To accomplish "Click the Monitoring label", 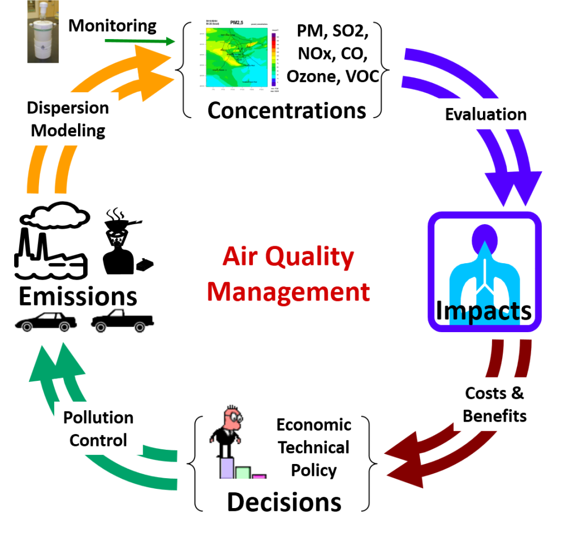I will click(113, 25).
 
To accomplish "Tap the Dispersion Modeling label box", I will click(68, 119).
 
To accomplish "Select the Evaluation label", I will click(486, 114).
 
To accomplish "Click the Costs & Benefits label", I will click(494, 404).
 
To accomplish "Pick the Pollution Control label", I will click(98, 428).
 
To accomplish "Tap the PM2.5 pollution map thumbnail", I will click(240, 59).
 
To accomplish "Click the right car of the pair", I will click(122, 320).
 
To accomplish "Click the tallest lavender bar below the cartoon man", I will click(227, 468).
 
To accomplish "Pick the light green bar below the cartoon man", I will click(243, 473).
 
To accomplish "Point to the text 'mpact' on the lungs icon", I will click(485, 310).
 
